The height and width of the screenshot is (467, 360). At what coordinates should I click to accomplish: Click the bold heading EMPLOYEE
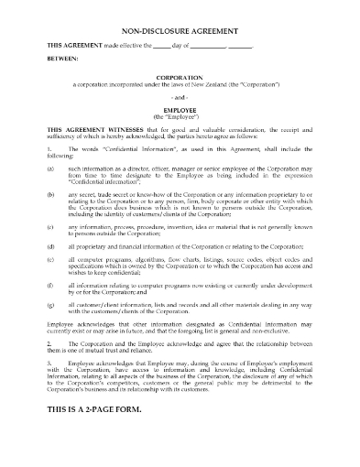pos(180,112)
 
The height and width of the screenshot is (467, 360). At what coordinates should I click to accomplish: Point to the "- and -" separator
pos(180,99)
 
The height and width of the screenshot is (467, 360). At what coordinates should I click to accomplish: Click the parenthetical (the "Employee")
pos(180,119)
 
